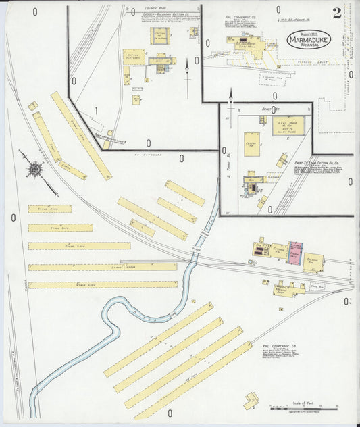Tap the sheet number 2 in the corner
click(x=336, y=13)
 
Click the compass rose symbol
click(x=34, y=167)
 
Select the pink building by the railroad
click(x=295, y=253)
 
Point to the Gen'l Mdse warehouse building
click(x=288, y=126)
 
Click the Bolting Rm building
click(x=313, y=261)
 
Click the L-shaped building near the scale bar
click(x=252, y=401)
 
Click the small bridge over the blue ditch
click(x=201, y=238)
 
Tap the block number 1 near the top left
click(x=97, y=110)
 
